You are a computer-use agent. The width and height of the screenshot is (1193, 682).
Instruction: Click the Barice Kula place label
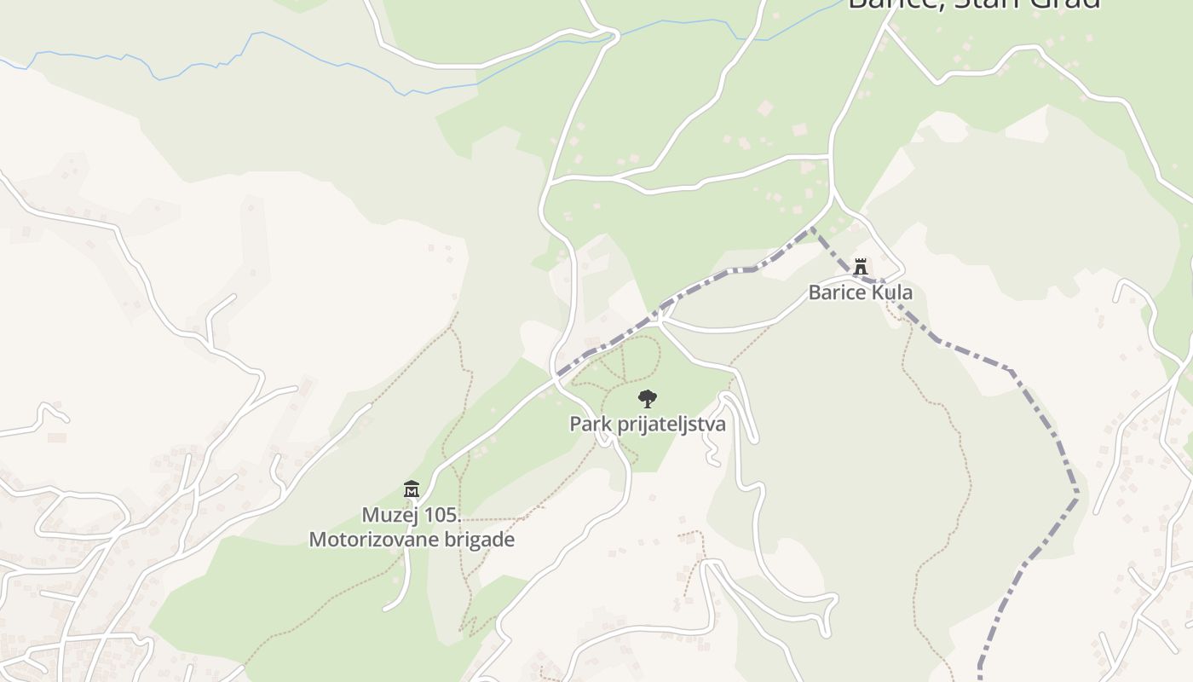pos(860,292)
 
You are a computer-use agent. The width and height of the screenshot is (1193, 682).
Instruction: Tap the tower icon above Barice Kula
pos(861,267)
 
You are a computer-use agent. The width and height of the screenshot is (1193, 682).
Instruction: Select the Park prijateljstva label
pos(648,424)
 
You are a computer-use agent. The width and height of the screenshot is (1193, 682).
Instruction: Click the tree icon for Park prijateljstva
pos(648,398)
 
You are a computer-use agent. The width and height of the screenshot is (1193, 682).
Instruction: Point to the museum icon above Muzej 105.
pos(412,489)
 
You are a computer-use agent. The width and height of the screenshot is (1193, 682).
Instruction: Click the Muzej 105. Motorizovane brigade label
pos(412,527)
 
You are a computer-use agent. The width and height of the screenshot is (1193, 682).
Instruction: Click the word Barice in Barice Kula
pos(835,292)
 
